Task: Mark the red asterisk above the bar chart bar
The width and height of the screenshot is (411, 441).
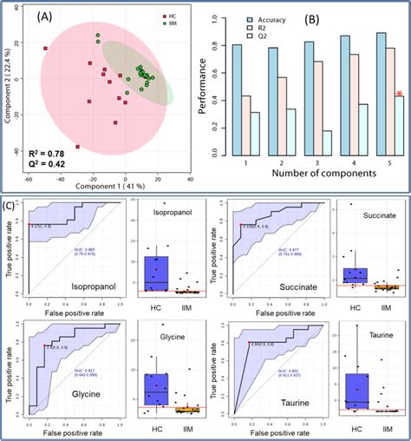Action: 398,94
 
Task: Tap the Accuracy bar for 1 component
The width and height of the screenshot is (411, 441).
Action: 238,100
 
